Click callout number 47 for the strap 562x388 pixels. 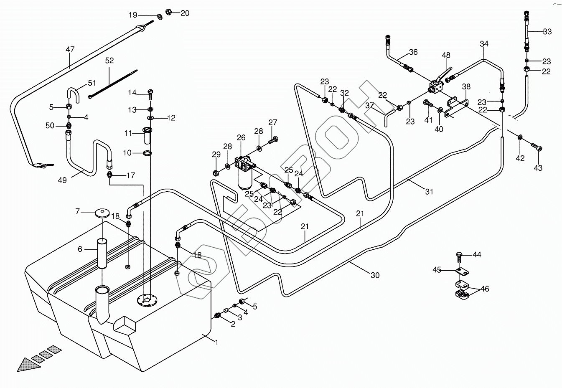click(70, 50)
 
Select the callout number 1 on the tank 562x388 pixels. click(216, 342)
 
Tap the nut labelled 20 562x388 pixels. click(169, 11)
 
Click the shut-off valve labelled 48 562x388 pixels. click(437, 84)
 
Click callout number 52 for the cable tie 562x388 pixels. click(109, 60)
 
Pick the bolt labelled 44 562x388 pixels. click(459, 256)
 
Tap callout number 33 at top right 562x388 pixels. click(547, 32)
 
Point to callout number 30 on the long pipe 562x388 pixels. click(375, 275)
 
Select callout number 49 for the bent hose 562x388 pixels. click(62, 180)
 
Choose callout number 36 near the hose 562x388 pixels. click(413, 52)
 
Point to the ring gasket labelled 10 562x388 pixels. click(147, 153)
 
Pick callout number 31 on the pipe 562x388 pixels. click(429, 192)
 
